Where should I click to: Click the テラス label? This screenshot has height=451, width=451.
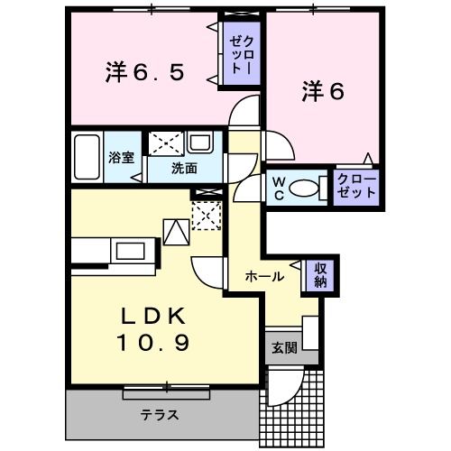[x=158, y=416]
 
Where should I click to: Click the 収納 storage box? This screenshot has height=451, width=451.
[x=319, y=276]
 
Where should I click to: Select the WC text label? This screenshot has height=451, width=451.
[x=279, y=189]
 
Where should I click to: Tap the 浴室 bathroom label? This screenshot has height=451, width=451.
[x=121, y=157]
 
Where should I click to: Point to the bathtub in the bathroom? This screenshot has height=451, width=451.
[x=87, y=158]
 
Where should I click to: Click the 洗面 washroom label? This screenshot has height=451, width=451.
[x=185, y=168]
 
